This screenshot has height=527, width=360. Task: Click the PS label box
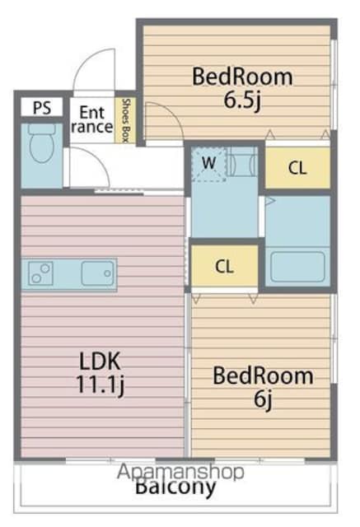click(x=42, y=107)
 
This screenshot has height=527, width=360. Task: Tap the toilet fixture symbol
click(x=42, y=143)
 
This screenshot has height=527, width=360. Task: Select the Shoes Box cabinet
click(x=126, y=120)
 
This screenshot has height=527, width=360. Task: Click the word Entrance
click(x=92, y=119)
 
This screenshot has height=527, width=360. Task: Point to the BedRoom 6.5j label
click(x=242, y=88)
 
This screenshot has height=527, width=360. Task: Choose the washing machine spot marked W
click(x=208, y=164)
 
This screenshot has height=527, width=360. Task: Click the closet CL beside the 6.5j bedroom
click(x=297, y=168)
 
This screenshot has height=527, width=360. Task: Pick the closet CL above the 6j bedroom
click(x=224, y=266)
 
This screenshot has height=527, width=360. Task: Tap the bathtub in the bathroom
click(x=298, y=267)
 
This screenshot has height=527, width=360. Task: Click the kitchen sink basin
click(x=98, y=273)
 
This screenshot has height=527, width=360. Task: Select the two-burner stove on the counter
click(x=40, y=273)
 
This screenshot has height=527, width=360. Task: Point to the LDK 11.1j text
click(x=101, y=373)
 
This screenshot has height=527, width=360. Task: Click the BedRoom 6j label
click(x=263, y=387)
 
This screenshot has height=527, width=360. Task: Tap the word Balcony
click(x=175, y=487)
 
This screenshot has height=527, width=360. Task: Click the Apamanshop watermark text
click(x=180, y=472)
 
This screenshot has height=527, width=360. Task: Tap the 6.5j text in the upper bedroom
click(x=242, y=100)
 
